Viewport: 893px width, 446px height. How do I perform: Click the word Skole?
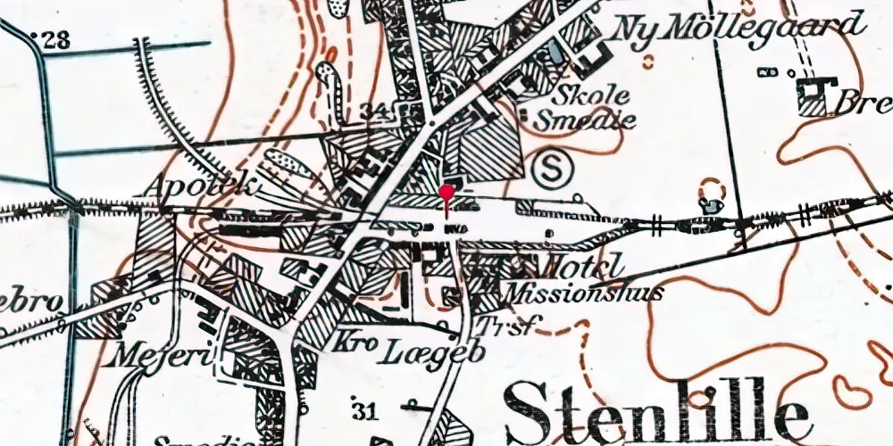590,95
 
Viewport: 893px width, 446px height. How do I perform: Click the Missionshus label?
583,292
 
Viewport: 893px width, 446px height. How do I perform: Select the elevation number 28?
57,39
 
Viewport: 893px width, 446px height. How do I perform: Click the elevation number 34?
375,111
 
